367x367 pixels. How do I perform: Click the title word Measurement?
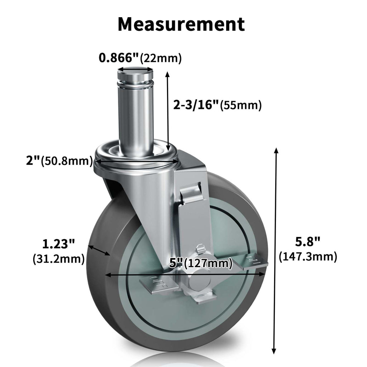(x=181, y=24)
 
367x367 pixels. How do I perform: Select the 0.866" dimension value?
(x=119, y=57)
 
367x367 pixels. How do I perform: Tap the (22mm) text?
(x=161, y=58)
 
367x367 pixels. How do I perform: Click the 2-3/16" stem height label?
(x=196, y=105)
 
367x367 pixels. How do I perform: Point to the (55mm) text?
(x=240, y=105)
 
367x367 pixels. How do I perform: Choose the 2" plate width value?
(x=33, y=161)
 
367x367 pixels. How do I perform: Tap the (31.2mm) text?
(x=58, y=258)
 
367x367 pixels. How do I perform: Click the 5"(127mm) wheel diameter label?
(x=200, y=264)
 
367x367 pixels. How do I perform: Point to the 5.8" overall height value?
(x=307, y=242)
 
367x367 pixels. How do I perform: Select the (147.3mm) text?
(x=308, y=257)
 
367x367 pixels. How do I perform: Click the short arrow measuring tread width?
(x=99, y=250)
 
